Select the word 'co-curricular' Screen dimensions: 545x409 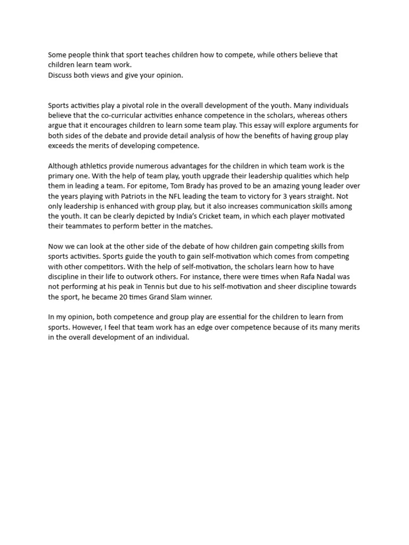114,115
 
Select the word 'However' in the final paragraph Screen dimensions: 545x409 87,327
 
